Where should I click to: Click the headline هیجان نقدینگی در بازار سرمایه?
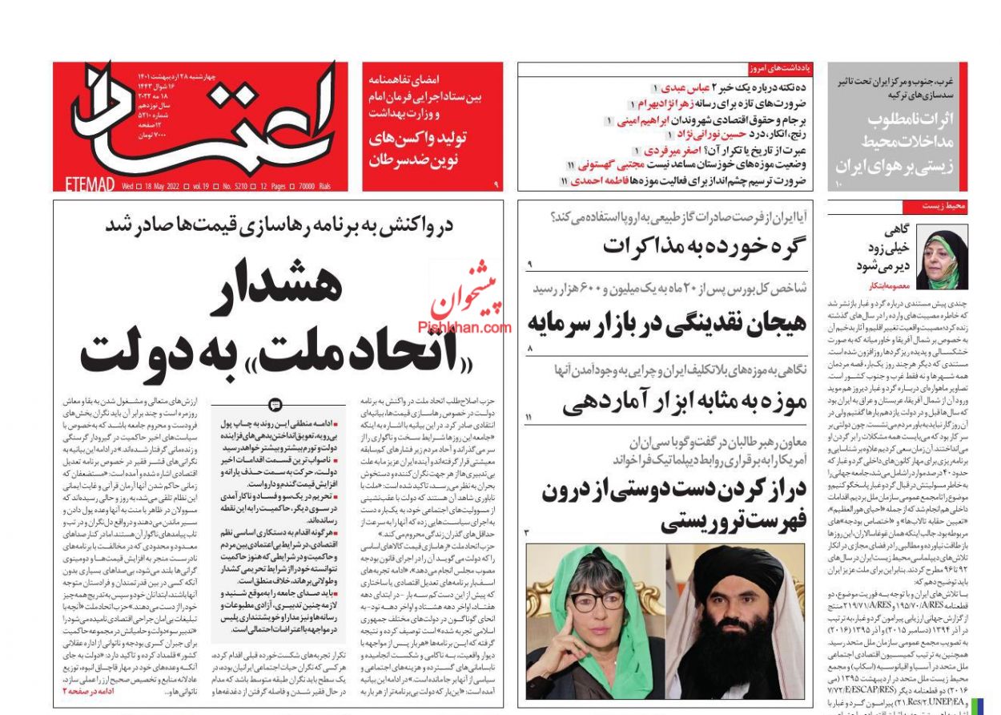pyautogui.click(x=666, y=323)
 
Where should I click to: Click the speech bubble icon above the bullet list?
pyautogui.click(x=275, y=404)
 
